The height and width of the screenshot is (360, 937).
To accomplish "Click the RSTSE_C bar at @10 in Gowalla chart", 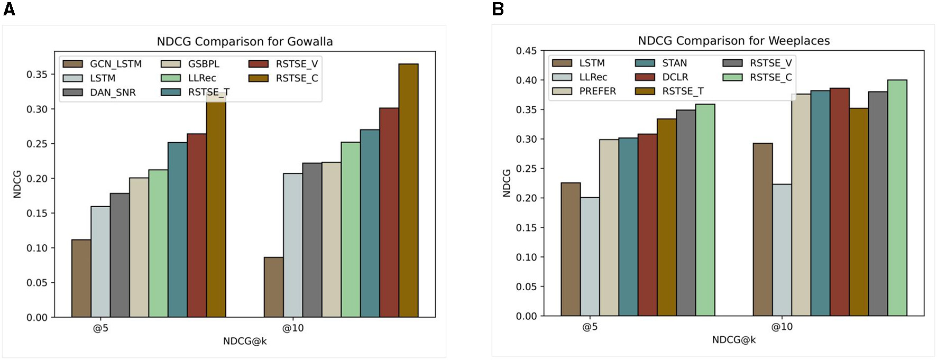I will pos(408,190).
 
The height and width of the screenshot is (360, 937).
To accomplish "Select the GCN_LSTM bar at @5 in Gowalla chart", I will pos(81,279).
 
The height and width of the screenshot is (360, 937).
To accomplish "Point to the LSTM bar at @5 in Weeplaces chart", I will pos(571,250).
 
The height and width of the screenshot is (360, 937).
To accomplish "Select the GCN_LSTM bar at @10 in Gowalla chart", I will pos(273,287).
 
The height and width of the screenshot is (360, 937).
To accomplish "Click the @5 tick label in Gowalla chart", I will pos(100,328).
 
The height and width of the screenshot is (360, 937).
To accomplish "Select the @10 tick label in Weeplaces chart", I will pos(782,327).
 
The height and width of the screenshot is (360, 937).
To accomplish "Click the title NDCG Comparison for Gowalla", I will pos(245,41).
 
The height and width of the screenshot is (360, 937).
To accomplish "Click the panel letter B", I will pos(498,9).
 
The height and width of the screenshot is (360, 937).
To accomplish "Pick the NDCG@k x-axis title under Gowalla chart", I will pos(245,341).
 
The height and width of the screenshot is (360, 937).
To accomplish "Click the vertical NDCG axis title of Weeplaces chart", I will pos(507,183).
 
